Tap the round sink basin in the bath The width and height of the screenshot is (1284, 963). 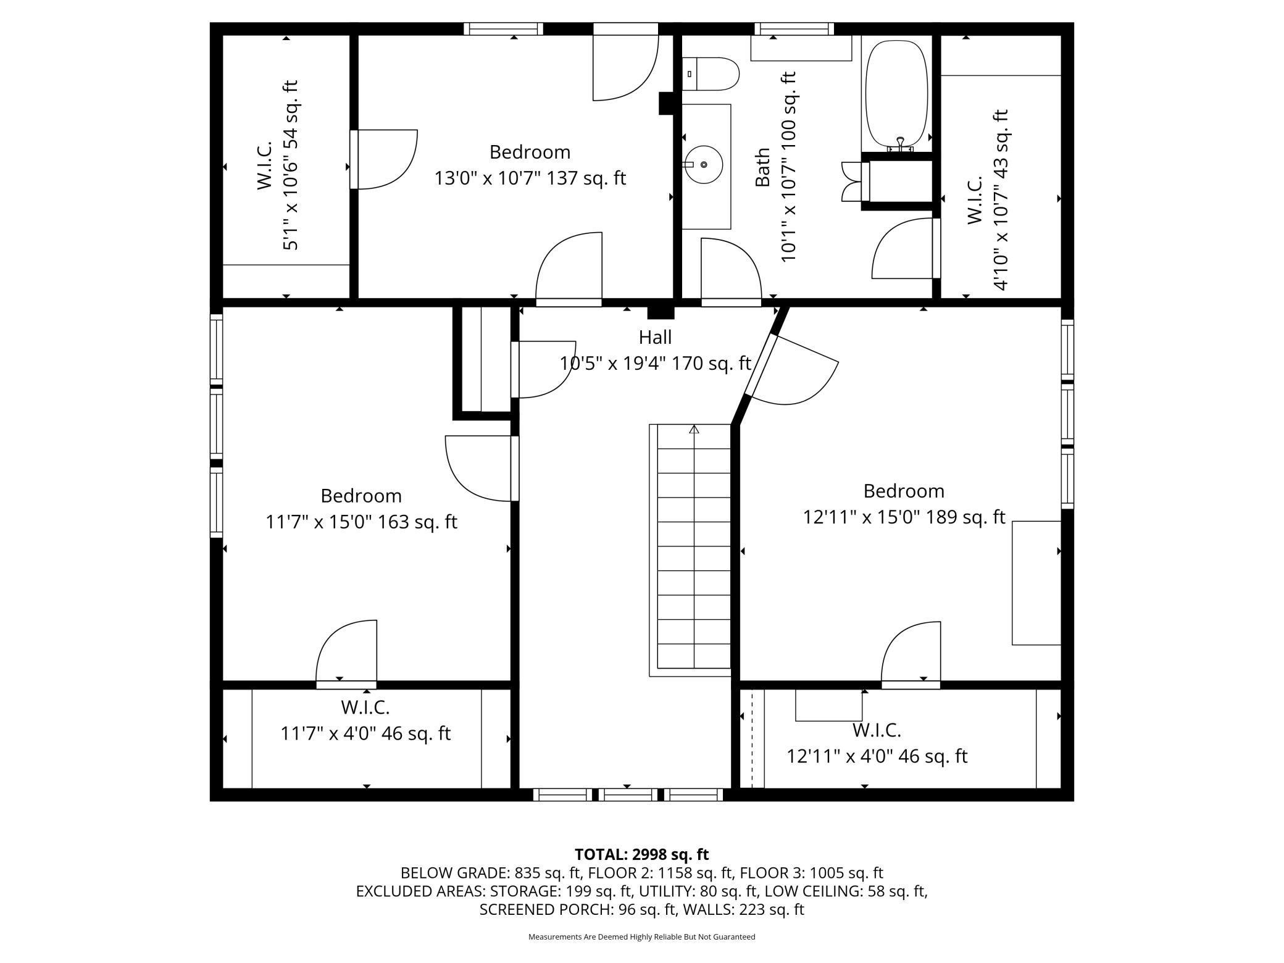(x=703, y=165)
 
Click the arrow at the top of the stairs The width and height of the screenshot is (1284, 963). (x=694, y=429)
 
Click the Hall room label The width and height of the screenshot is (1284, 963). (x=655, y=337)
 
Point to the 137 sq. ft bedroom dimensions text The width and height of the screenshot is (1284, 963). (x=530, y=178)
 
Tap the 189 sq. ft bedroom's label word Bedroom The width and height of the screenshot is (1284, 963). (x=904, y=491)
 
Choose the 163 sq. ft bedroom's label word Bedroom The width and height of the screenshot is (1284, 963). (x=361, y=496)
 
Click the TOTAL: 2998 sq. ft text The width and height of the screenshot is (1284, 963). (x=642, y=854)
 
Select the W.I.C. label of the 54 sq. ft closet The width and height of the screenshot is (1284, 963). (x=264, y=165)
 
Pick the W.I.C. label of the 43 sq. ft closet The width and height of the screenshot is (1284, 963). (x=975, y=200)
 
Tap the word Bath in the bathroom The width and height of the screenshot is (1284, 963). (x=763, y=167)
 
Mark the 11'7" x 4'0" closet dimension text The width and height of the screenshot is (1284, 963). (x=365, y=733)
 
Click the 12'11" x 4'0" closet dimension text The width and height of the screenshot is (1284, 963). (x=877, y=756)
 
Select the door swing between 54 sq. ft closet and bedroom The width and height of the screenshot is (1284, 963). (x=385, y=159)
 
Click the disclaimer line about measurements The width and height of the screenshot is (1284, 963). (x=642, y=936)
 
